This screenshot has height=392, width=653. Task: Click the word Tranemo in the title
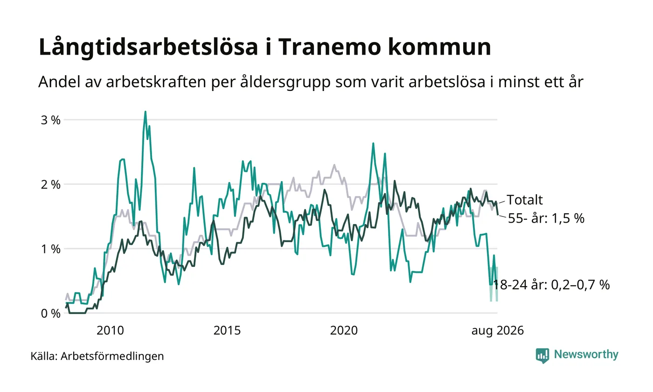[x=329, y=47]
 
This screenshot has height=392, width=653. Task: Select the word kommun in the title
[x=439, y=47]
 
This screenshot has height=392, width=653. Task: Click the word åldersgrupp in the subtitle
[x=285, y=82]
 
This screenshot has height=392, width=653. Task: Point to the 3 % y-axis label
[x=51, y=120]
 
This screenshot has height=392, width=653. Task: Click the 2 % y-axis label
[x=51, y=185]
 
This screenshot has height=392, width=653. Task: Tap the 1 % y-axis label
[x=51, y=249]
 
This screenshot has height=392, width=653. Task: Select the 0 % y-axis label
[x=51, y=314]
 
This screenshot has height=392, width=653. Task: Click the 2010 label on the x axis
[x=110, y=331]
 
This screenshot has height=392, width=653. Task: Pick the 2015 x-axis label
[x=227, y=331]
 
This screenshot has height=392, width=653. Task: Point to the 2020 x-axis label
[x=344, y=331]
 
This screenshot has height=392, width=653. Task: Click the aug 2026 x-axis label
[x=498, y=331]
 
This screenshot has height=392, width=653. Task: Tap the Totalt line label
[x=525, y=200]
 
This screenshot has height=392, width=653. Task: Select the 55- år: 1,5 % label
[x=546, y=218]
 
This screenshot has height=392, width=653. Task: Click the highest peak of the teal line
[x=145, y=112]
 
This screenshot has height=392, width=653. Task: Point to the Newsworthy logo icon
[x=542, y=356]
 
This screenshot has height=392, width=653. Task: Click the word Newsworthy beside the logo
[x=586, y=355]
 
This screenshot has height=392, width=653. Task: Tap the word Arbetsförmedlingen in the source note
[x=112, y=357]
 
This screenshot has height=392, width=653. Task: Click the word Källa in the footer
[x=44, y=356]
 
